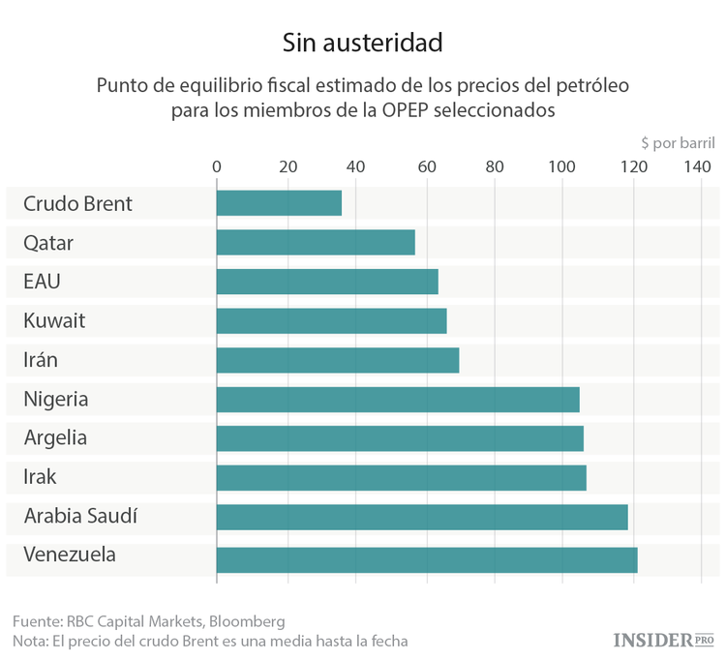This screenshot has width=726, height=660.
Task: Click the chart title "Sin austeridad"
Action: click(362, 43)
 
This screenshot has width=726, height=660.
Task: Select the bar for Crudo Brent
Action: click(279, 203)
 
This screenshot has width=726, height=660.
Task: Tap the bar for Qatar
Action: click(316, 242)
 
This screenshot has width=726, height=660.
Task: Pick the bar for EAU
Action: click(327, 282)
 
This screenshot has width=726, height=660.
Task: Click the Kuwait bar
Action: click(331, 320)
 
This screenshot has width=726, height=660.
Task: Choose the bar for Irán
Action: click(338, 360)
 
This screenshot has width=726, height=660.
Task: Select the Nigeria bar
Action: click(398, 399)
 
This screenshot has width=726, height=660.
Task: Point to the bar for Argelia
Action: click(400, 438)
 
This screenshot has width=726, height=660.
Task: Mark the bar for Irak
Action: click(402, 477)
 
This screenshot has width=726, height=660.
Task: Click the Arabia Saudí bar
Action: click(422, 517)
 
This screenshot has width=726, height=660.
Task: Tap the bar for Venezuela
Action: click(427, 559)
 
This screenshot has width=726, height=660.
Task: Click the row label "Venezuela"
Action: click(70, 555)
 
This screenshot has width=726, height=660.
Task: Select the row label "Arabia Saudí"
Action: click(80, 517)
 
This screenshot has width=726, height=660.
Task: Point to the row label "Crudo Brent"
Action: click(77, 204)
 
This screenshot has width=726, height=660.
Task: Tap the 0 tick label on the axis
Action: click(217, 166)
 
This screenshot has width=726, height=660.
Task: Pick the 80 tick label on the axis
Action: click(495, 166)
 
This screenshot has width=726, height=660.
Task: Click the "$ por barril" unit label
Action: click(678, 142)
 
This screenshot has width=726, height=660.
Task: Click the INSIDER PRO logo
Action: click(664, 640)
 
